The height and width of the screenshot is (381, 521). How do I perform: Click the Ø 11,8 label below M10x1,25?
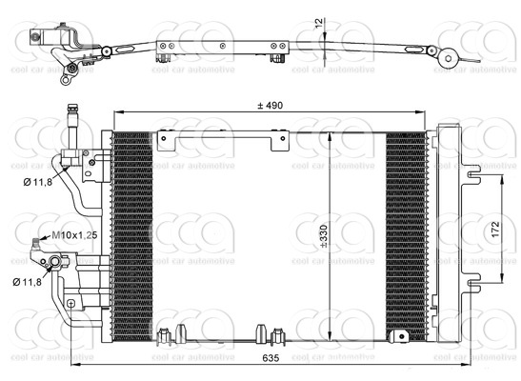(30, 281)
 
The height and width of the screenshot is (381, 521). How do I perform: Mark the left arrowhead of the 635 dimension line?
(73, 369)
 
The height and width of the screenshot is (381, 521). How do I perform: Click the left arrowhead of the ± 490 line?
(117, 115)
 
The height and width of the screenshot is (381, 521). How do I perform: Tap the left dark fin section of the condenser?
(132, 233)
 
